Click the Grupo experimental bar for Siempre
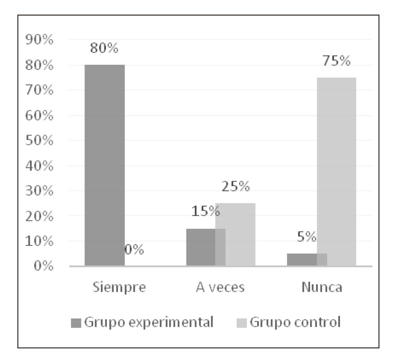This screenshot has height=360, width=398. coord(105,165)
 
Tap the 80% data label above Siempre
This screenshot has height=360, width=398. coord(104,48)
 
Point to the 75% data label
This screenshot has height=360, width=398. coord(337,61)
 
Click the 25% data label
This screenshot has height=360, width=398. coord(235,187)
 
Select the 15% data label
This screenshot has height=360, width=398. coord(205,211)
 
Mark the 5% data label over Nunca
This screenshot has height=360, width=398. coord(307,237)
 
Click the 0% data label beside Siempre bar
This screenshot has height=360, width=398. coord(134,249)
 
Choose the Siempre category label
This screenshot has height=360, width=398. coord(119,287)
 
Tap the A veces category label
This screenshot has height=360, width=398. coord(220,287)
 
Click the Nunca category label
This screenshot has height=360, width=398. coord(321,287)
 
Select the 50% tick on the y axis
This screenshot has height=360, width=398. coord(39,140)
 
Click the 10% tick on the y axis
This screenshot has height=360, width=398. coord(39,241)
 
